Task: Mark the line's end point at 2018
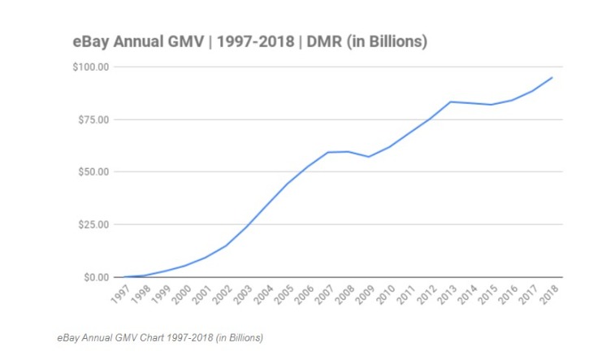click(552, 78)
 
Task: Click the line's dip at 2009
click(369, 157)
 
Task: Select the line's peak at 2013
click(450, 102)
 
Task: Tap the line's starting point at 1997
click(123, 277)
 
